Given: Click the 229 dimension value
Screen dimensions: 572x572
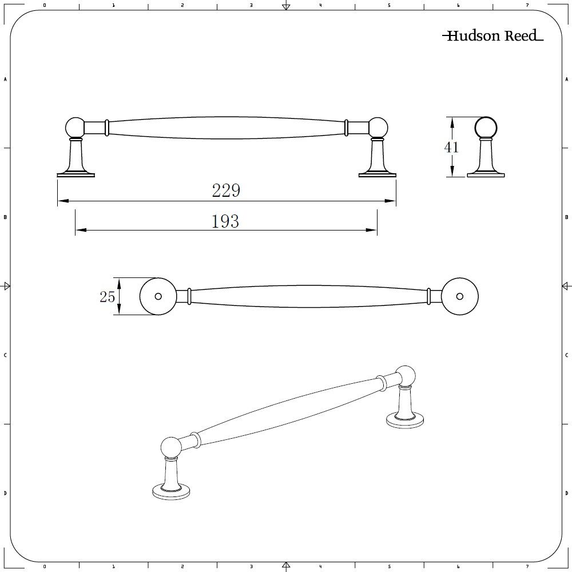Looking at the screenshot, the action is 226,190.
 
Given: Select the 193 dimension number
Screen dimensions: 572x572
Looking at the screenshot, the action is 225,221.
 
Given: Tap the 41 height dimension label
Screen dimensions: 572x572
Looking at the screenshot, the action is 451,147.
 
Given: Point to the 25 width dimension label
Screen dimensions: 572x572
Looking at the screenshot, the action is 108,296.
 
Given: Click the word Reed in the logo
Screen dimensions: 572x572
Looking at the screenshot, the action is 521,35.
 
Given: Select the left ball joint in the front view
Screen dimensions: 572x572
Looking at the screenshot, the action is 76,128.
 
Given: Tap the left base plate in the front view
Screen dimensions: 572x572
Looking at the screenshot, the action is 76,175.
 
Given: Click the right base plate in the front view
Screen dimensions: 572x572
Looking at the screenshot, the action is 377,175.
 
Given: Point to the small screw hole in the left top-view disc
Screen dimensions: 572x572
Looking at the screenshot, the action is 158,296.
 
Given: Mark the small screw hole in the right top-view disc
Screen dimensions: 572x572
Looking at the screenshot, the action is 460,296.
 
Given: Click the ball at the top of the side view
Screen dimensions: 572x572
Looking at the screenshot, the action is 486,128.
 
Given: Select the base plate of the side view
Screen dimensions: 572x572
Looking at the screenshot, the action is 486,175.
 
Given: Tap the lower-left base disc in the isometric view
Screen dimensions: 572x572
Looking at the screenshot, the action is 171,492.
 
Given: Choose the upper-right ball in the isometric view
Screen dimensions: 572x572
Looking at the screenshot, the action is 406,375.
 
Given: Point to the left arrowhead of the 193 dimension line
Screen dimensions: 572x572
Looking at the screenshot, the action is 81,230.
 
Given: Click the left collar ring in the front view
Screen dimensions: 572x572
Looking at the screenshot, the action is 107,128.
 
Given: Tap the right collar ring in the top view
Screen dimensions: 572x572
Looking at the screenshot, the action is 428,296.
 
